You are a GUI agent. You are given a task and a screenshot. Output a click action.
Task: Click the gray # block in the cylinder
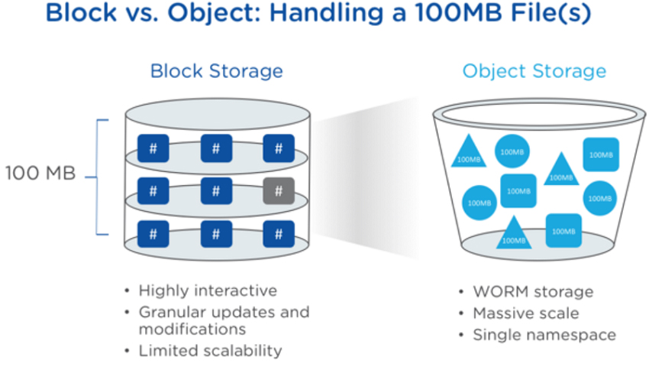pos(278,190)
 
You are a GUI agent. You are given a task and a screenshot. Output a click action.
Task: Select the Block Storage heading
pos(216,71)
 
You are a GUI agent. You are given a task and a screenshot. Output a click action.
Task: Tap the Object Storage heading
pos(534,71)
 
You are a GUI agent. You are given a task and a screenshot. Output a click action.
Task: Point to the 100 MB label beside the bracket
pos(40,174)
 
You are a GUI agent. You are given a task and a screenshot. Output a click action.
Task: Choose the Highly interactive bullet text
pos(208,290)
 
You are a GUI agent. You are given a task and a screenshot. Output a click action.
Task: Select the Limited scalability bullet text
pos(210,351)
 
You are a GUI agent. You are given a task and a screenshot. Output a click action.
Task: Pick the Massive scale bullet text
pos(525,313)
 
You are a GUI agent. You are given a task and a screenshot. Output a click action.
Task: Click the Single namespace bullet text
pos(544,335)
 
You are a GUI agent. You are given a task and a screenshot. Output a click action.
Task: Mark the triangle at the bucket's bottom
pos(514,233)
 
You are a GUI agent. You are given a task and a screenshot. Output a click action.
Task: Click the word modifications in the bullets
pos(192,329)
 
